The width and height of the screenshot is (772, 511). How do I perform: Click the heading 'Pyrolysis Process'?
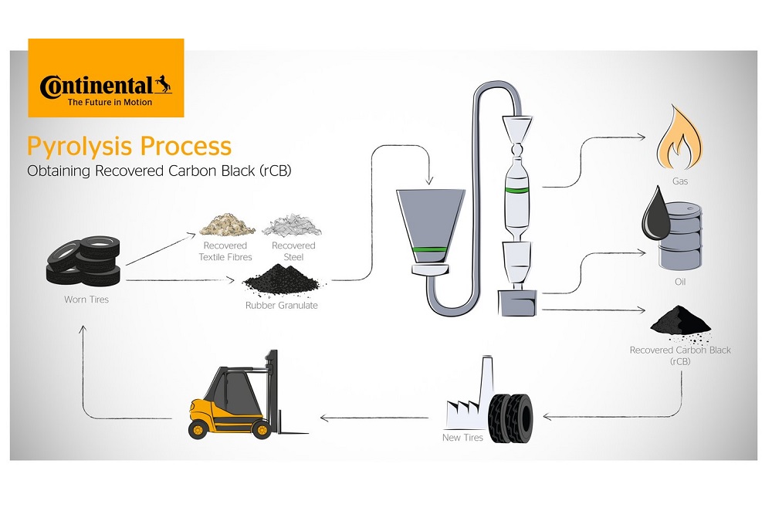(x=129, y=146)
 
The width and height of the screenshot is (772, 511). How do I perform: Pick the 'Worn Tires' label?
(x=86, y=299)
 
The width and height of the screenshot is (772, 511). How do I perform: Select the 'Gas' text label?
(x=679, y=182)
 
